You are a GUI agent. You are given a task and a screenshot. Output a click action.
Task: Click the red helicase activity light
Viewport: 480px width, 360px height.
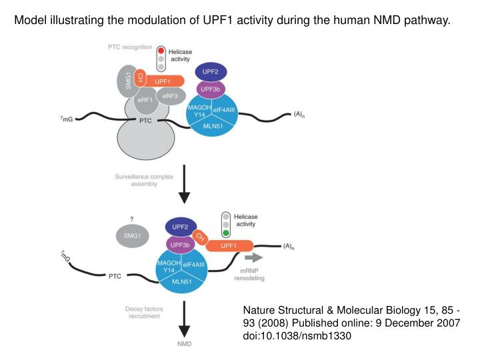[x=161, y=51]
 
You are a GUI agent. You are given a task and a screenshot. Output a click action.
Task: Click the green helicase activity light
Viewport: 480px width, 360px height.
[x=227, y=233]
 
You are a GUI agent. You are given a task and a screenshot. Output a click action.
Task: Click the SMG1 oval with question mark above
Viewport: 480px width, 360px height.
[x=131, y=235]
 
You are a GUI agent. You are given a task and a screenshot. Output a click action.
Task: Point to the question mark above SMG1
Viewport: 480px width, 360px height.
[x=131, y=219]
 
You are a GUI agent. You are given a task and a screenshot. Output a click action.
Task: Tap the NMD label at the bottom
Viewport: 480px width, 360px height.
[x=184, y=345]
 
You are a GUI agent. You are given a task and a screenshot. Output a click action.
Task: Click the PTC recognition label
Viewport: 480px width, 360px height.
[x=130, y=47]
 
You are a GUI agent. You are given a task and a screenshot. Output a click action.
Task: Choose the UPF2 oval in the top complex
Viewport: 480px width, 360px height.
[x=211, y=71]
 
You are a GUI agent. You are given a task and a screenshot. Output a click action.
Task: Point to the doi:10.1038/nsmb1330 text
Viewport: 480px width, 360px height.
[x=296, y=335]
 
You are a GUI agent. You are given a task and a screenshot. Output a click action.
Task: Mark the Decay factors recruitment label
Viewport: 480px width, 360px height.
[x=142, y=312]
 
